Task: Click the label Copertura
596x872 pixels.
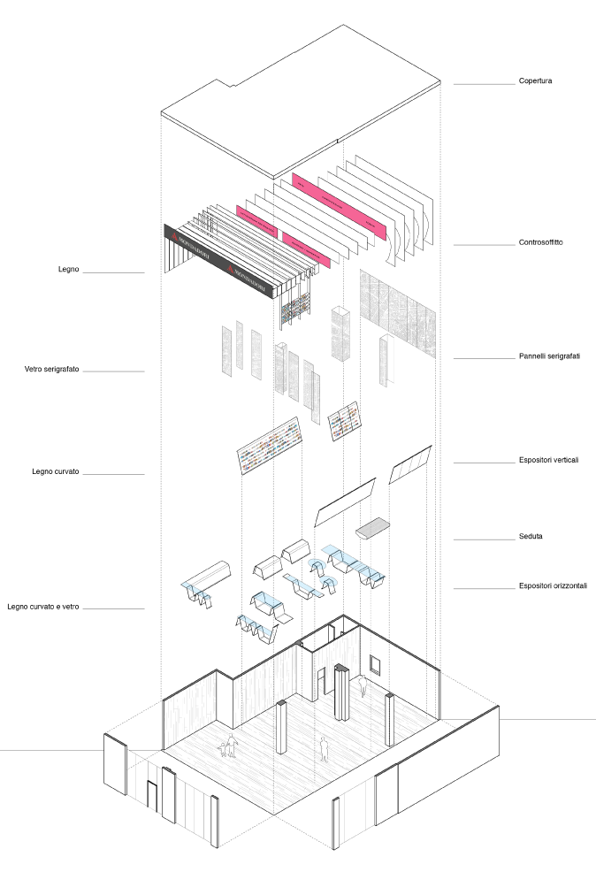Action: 535,82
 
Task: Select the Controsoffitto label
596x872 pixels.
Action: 540,242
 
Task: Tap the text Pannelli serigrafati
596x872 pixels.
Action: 549,356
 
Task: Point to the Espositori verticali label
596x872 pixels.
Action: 549,460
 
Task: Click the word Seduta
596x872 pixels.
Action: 531,537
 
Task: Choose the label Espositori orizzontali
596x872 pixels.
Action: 553,585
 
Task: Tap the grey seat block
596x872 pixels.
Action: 373,528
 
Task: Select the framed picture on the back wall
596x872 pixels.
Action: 377,663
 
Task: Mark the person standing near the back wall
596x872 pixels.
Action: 362,685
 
